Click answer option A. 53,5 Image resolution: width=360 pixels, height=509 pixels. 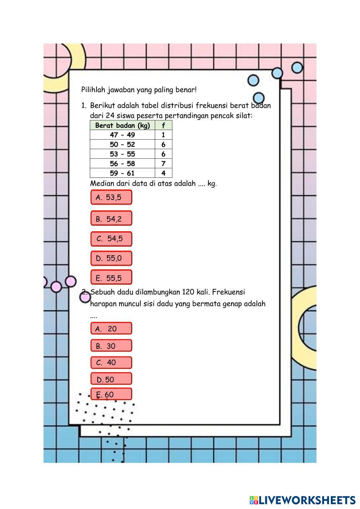tap(111, 197)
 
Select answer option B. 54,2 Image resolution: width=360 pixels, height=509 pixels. tap(111, 218)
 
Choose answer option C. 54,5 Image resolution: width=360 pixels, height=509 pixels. tap(111, 239)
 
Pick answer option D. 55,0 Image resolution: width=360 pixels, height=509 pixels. tap(111, 258)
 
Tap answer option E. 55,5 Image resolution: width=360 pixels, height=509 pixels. tap(111, 277)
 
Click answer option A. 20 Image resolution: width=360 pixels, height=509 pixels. tap(111, 328)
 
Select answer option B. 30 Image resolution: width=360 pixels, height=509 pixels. tap(111, 346)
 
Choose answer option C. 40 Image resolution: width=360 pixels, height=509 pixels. tap(111, 362)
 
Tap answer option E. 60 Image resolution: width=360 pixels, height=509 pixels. tap(111, 394)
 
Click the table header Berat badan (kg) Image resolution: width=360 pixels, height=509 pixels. tap(122, 125)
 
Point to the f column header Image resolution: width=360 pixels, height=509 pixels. tap(163, 125)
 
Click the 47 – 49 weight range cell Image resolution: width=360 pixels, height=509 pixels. tap(122, 135)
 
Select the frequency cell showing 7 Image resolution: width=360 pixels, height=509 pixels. tap(163, 163)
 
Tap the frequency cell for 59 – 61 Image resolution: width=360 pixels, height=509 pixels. tap(163, 173)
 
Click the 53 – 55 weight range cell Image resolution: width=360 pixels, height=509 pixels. tap(122, 154)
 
